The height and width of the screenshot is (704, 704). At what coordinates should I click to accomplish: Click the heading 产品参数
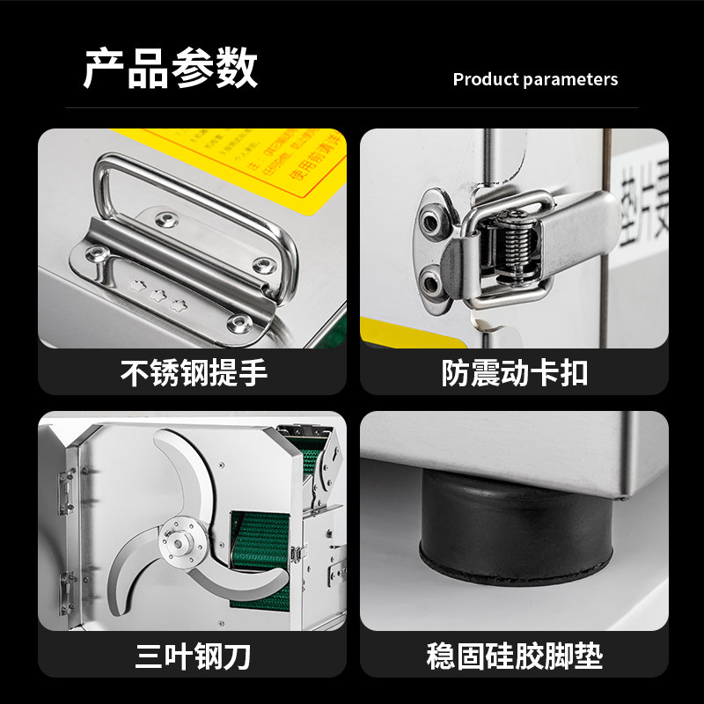coord(171,69)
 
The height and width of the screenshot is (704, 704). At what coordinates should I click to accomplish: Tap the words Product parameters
coord(535,79)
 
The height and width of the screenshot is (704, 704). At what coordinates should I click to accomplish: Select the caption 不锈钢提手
coord(194,373)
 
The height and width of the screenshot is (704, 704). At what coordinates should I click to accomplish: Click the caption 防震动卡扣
coord(514,373)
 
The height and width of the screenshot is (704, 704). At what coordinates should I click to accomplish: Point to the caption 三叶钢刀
coord(194,656)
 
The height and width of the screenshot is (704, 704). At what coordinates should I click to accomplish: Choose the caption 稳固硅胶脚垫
coord(514,656)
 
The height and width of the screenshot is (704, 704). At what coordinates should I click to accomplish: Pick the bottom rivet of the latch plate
coord(431,282)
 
